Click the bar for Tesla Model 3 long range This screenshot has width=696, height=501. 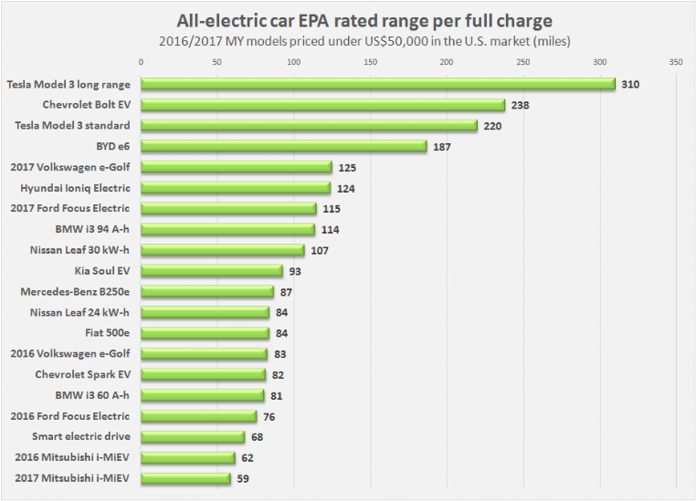click(x=378, y=84)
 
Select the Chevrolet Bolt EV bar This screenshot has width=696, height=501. click(x=323, y=105)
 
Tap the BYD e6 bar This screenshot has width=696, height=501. click(x=284, y=146)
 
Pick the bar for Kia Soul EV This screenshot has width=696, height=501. click(x=212, y=271)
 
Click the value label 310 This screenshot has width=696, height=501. click(x=630, y=84)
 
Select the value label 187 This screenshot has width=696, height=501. click(x=442, y=146)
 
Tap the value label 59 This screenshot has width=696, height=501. click(x=243, y=478)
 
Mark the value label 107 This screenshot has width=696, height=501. click(x=319, y=250)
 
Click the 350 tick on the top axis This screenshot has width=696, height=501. click(x=675, y=62)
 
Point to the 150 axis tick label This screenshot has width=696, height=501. click(x=370, y=62)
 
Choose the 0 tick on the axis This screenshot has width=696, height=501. click(x=142, y=62)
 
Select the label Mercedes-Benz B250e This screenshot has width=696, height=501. click(x=75, y=292)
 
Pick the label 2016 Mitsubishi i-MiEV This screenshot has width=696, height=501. click(x=72, y=457)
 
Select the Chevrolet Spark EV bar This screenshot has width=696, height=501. click(x=204, y=374)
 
